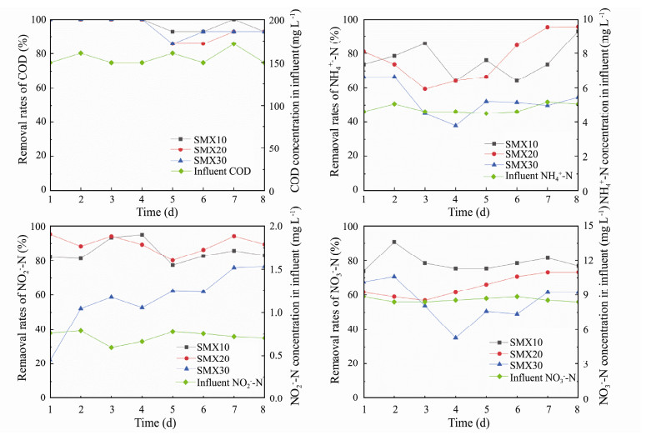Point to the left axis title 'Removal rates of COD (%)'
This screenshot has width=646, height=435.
coord(23,104)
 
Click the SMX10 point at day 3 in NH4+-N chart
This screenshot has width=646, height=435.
coord(424,43)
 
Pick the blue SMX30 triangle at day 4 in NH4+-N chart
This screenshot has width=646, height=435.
coord(455,125)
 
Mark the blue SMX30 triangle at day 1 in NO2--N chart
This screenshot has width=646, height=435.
coord(52,359)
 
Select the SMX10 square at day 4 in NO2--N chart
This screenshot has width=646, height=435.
coord(143,235)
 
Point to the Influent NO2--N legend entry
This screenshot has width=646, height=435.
coord(228,382)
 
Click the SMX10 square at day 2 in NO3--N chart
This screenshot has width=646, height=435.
coord(394,242)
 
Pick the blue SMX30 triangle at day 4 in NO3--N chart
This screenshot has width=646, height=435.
coord(455,337)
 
